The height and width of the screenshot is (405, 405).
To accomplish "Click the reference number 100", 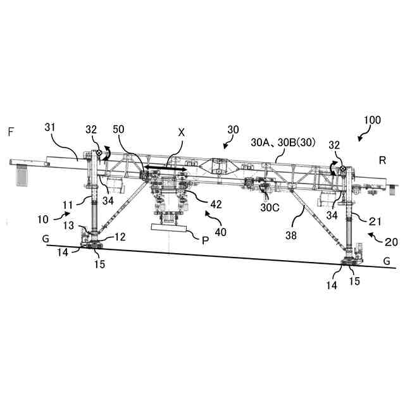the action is click(371, 120).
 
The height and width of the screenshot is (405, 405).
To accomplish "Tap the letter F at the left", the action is click(11, 132).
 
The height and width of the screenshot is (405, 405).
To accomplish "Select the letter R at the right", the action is click(382, 160).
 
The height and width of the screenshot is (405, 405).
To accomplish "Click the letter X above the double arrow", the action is click(182, 133).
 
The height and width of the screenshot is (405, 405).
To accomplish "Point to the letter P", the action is click(204, 240).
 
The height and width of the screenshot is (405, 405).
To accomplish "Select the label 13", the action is click(68, 226).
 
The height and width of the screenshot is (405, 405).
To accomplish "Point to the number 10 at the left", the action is click(43, 219).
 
